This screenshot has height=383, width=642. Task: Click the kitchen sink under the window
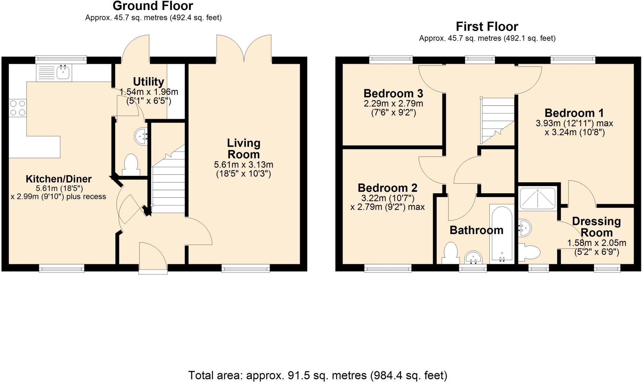[x=54, y=73]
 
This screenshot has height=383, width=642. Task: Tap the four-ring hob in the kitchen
[x=18, y=108]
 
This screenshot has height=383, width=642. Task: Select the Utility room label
[x=148, y=82]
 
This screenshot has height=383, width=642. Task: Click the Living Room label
[x=244, y=149]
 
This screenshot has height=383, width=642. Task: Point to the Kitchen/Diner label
[x=59, y=179]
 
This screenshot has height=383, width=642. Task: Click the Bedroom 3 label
[x=393, y=93]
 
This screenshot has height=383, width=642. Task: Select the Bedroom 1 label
[x=574, y=113]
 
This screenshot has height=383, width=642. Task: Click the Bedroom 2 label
[x=387, y=188]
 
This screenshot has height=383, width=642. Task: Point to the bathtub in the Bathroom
[x=502, y=234]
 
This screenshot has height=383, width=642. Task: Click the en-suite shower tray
[x=538, y=198]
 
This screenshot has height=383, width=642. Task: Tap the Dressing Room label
[x=596, y=227]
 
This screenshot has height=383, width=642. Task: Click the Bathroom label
[x=476, y=230]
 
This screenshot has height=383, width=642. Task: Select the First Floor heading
[x=487, y=27]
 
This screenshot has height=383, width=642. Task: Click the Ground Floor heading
[x=153, y=6]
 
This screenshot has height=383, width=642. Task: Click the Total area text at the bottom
[x=317, y=375]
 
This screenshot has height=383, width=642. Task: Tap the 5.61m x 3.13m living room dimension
[x=244, y=165]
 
